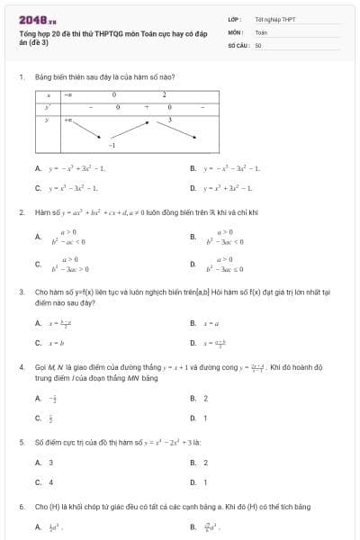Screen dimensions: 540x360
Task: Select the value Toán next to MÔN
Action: point(261,31)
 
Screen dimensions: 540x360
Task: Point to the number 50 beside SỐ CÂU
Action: point(258,44)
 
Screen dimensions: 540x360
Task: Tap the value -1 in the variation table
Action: point(112,144)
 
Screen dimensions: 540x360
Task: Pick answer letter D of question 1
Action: point(193,188)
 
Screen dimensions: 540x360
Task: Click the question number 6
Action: point(21,508)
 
